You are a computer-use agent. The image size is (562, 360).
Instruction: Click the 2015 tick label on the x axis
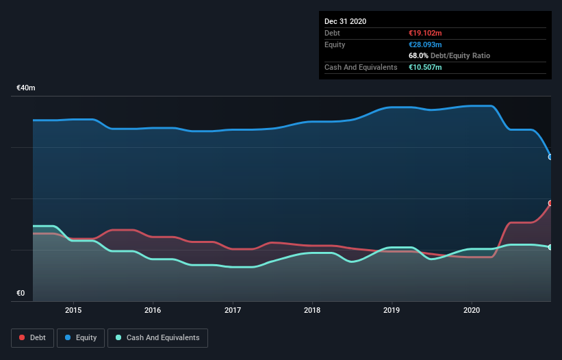[73, 310]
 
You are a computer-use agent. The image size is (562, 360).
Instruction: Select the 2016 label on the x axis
[153, 310]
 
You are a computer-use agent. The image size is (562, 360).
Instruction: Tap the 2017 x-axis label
[233, 310]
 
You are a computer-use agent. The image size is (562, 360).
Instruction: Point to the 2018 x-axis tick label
[312, 310]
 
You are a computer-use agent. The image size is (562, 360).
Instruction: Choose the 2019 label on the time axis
[392, 310]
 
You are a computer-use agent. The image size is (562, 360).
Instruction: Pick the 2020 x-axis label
[472, 310]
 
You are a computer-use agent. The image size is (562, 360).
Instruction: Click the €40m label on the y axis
[26, 88]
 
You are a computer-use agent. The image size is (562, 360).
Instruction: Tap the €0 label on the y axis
[21, 294]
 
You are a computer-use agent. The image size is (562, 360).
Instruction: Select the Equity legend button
[81, 337]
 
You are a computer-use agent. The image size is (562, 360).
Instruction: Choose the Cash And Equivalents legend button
[157, 337]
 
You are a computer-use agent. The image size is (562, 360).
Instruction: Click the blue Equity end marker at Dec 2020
[550, 157]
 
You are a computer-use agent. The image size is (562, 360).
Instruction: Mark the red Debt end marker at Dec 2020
[550, 203]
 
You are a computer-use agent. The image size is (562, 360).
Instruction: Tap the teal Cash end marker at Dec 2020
[550, 247]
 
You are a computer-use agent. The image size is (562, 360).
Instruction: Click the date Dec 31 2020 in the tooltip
[346, 21]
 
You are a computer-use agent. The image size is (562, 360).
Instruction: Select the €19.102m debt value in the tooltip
[425, 33]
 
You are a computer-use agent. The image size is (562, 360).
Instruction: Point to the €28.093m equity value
[425, 44]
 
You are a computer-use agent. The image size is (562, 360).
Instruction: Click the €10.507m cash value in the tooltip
[425, 67]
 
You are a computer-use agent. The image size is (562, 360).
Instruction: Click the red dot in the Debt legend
[22, 337]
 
